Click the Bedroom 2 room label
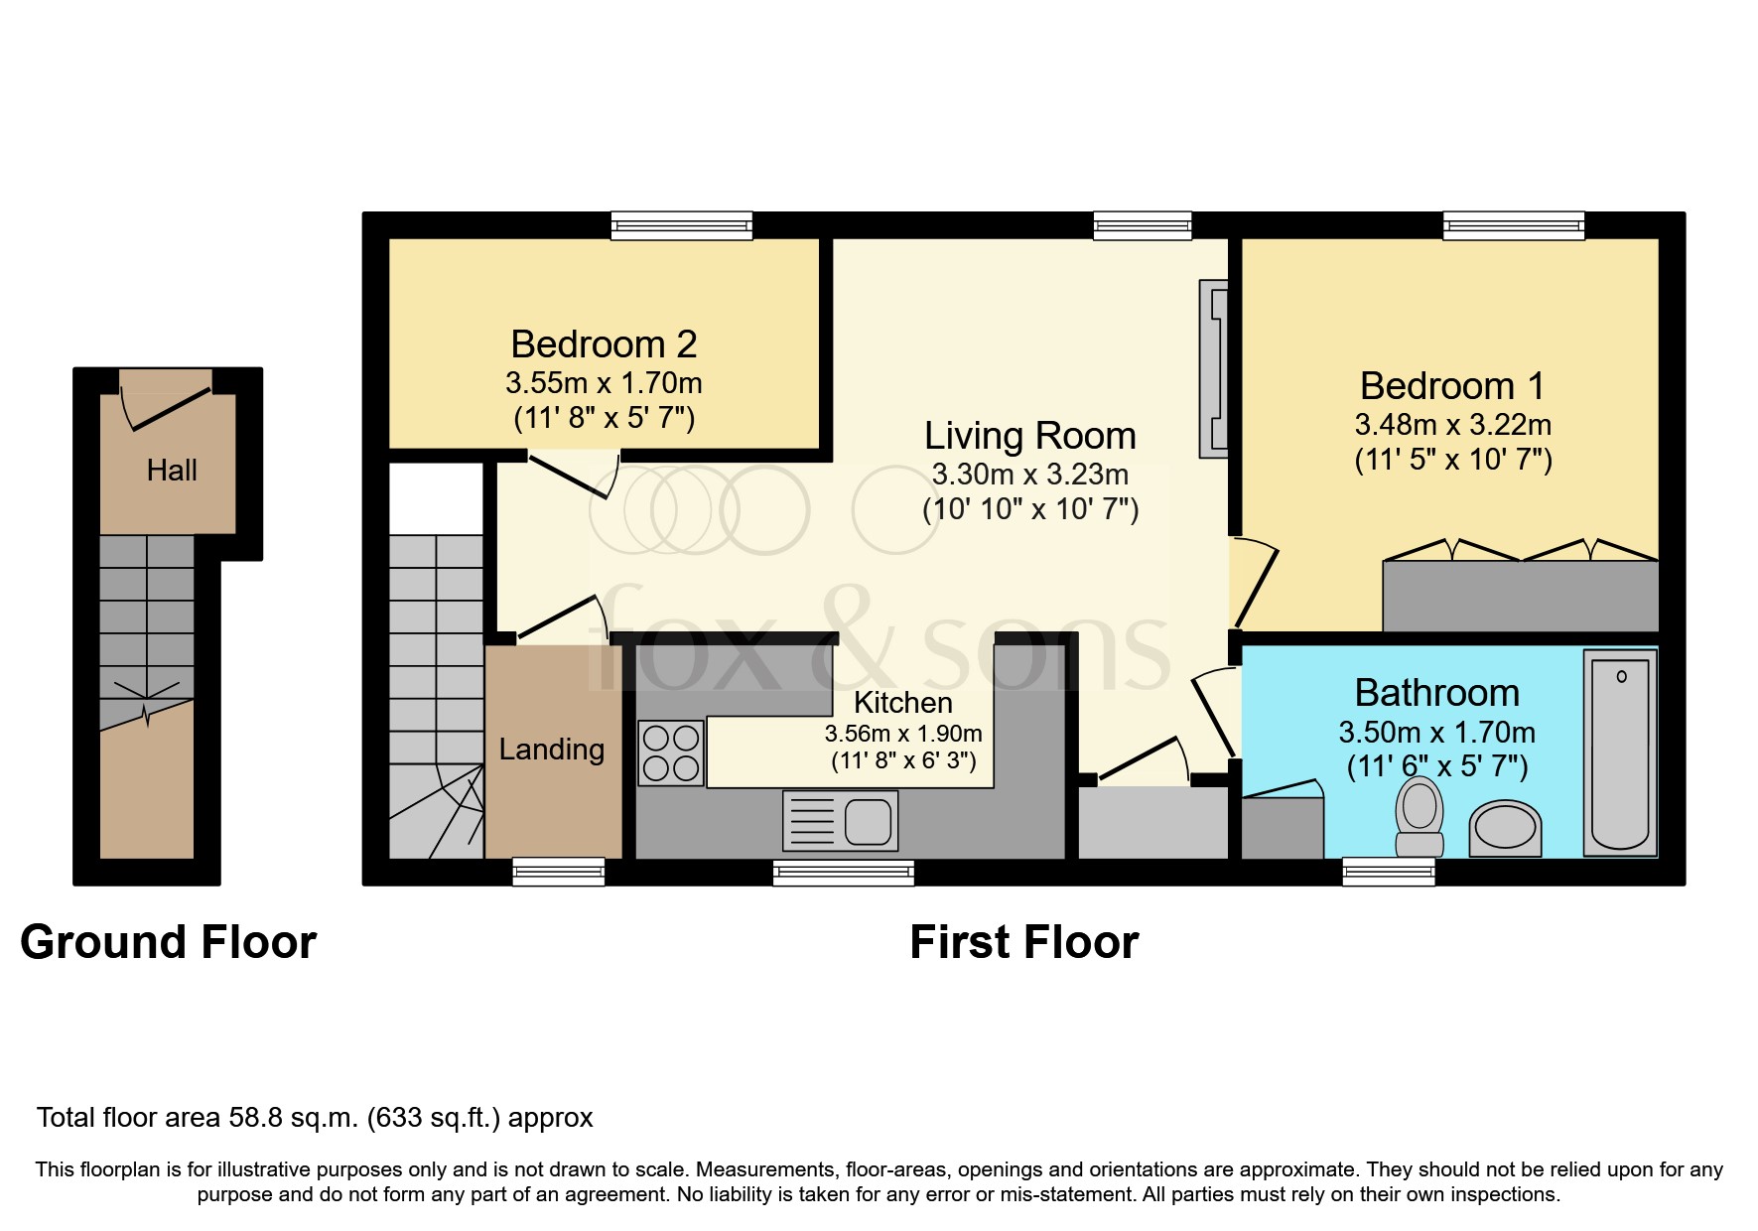click(x=604, y=344)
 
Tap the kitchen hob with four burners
click(x=671, y=753)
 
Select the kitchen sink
click(x=840, y=821)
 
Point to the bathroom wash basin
click(x=1505, y=828)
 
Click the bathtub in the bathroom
click(x=1620, y=753)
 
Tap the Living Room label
click(x=1029, y=436)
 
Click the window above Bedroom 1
click(x=1513, y=226)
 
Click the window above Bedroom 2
click(x=681, y=226)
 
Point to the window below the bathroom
click(x=1388, y=872)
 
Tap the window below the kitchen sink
click(x=844, y=873)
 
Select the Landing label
click(x=552, y=750)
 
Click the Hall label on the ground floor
click(x=172, y=471)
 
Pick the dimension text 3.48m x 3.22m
click(x=1452, y=425)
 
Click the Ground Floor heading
click(x=168, y=942)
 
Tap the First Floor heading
click(x=1023, y=942)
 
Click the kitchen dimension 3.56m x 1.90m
click(x=902, y=734)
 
